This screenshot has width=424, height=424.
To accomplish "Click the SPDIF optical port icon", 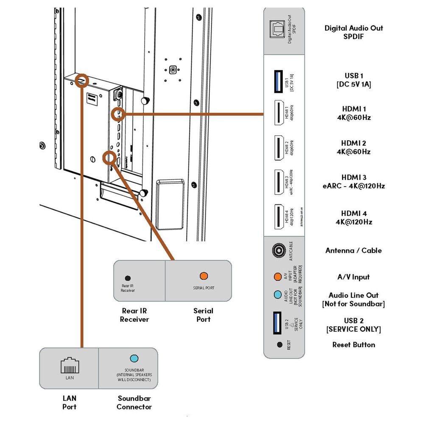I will click(278, 31).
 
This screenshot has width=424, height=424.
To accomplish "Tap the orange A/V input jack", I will click(278, 277).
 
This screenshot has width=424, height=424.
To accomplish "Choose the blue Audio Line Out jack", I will click(278, 295).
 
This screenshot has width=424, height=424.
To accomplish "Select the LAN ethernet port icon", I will click(69, 364).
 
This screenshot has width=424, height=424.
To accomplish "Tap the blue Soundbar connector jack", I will click(134, 359).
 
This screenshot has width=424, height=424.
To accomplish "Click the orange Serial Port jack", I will click(204, 276).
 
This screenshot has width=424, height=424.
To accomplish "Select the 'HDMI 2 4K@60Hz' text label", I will click(354, 147).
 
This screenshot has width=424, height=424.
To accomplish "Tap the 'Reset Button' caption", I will click(354, 345).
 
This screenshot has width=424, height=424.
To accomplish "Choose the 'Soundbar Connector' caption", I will click(134, 402).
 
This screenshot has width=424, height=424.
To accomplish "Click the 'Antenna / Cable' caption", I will click(354, 251).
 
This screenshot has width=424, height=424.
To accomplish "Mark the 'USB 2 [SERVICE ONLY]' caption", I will click(354, 325).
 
